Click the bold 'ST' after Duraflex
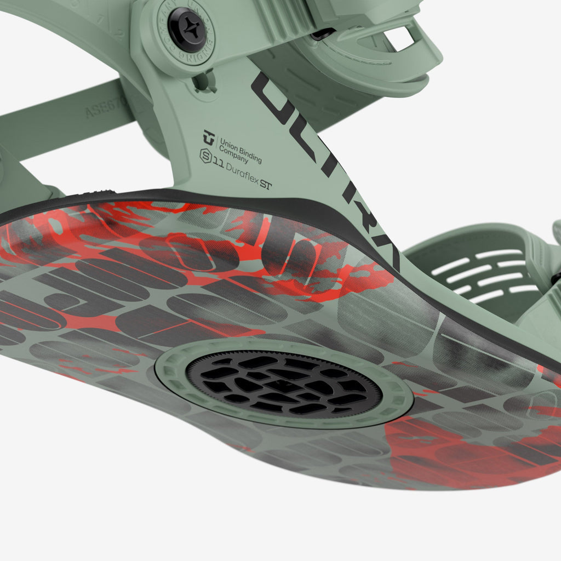point(266,184)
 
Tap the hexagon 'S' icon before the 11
point(205,156)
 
